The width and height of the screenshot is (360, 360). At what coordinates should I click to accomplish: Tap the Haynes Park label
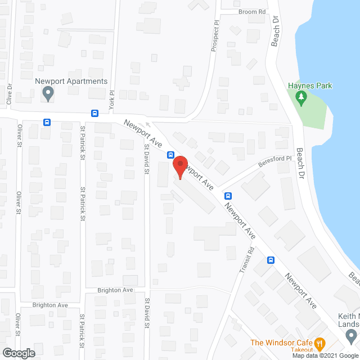pyautogui.click(x=310, y=85)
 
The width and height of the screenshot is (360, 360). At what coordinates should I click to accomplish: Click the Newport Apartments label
pyautogui.click(x=71, y=81)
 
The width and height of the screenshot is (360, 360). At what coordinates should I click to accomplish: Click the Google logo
pyautogui.click(x=18, y=353)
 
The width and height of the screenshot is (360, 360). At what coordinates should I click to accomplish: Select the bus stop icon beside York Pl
pyautogui.click(x=94, y=112)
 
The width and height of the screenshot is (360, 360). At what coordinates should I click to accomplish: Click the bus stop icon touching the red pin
pyautogui.click(x=170, y=155)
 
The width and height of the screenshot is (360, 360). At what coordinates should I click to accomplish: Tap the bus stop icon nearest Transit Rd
pyautogui.click(x=271, y=260)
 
